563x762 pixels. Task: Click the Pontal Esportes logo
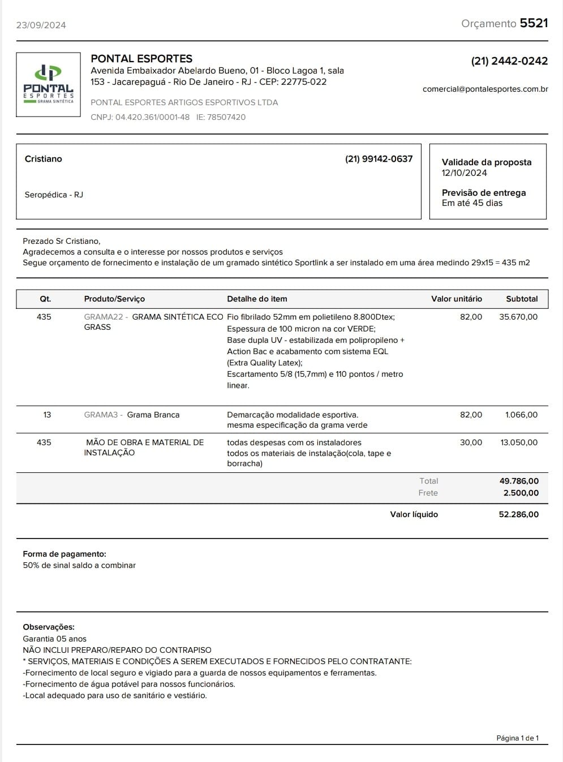click(48, 85)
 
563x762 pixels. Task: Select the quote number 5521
click(534, 23)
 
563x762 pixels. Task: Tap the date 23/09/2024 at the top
click(41, 25)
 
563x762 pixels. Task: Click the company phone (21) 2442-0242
click(509, 61)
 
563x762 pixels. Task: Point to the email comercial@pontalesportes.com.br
click(485, 89)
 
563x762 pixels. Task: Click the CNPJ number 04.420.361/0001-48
click(152, 118)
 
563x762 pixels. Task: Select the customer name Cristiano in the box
click(44, 159)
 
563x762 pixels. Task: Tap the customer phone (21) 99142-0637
click(379, 159)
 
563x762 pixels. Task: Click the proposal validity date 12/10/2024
click(464, 173)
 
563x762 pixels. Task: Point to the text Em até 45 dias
click(472, 203)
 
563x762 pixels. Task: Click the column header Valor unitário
click(456, 299)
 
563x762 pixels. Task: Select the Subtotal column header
click(522, 299)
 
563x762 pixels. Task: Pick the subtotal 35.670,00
click(518, 317)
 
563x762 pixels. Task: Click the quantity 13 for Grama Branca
click(47, 415)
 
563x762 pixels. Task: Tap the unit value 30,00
click(471, 442)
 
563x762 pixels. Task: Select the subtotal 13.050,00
click(519, 442)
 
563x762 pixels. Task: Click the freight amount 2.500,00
click(521, 493)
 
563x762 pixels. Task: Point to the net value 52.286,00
click(518, 515)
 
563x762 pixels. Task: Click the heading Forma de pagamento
click(65, 554)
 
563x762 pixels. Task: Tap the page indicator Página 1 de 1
click(517, 738)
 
